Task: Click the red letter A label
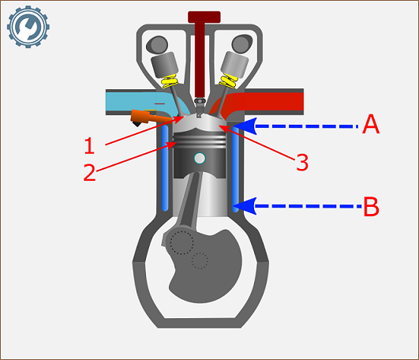tap(371, 124)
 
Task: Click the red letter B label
tap(371, 206)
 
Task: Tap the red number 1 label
tap(89, 145)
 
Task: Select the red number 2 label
tap(89, 172)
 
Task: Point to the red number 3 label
tap(302, 162)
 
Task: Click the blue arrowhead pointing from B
tap(245, 206)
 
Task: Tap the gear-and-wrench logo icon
tap(28, 27)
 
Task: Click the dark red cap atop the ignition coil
tap(204, 17)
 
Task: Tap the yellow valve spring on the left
tap(170, 81)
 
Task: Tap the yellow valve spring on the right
tap(229, 81)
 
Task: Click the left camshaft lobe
tap(157, 44)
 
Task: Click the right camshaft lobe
tap(241, 43)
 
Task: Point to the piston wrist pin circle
tap(200, 159)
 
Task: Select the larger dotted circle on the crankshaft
tap(181, 242)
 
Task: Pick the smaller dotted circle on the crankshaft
tap(200, 261)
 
